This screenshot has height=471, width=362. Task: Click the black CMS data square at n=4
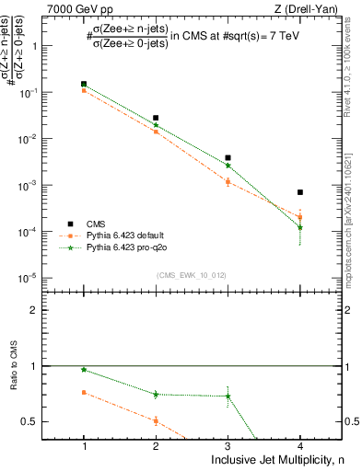pyautogui.click(x=300, y=192)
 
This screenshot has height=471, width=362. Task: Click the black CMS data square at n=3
pyautogui.click(x=228, y=158)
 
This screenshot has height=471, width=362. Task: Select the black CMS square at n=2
pyautogui.click(x=156, y=119)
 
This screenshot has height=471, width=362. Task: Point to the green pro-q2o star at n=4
pyautogui.click(x=300, y=227)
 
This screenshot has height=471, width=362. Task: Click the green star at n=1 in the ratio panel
pyautogui.click(x=84, y=370)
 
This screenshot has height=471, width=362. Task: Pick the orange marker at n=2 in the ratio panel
pyautogui.click(x=156, y=421)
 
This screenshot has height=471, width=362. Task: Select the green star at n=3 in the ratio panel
pyautogui.click(x=228, y=396)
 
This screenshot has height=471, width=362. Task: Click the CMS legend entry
pyautogui.click(x=96, y=224)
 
